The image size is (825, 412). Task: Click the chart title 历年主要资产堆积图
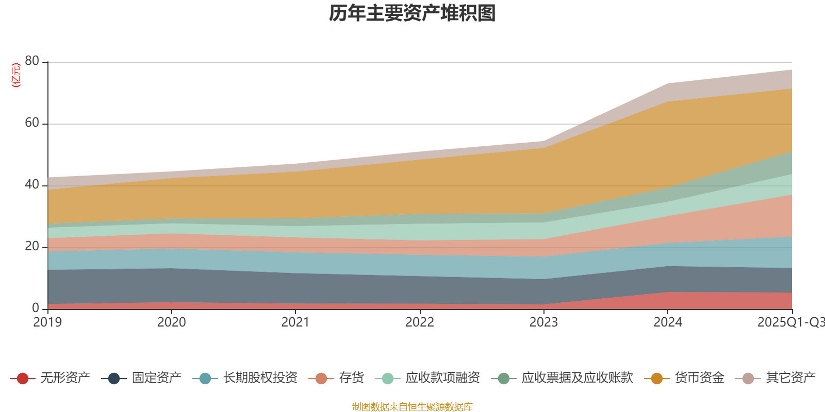pyautogui.click(x=412, y=13)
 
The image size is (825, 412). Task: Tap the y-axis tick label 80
pyautogui.click(x=32, y=61)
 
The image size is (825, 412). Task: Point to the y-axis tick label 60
pyautogui.click(x=32, y=123)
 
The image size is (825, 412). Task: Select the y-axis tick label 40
pyautogui.click(x=32, y=184)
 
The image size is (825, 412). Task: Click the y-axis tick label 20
pyautogui.click(x=32, y=246)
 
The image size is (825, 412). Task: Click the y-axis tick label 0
pyautogui.click(x=36, y=308)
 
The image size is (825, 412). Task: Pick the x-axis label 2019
pyautogui.click(x=47, y=322)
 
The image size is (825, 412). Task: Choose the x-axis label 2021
pyautogui.click(x=295, y=322)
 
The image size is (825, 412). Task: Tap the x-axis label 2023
pyautogui.click(x=543, y=322)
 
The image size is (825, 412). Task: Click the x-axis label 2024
pyautogui.click(x=668, y=322)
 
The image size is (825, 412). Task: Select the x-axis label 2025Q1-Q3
pyautogui.click(x=790, y=322)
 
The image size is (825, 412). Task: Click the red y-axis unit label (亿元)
pyautogui.click(x=16, y=75)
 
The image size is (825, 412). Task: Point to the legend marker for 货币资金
pyautogui.click(x=657, y=379)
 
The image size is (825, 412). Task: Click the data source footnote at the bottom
pyautogui.click(x=412, y=407)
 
